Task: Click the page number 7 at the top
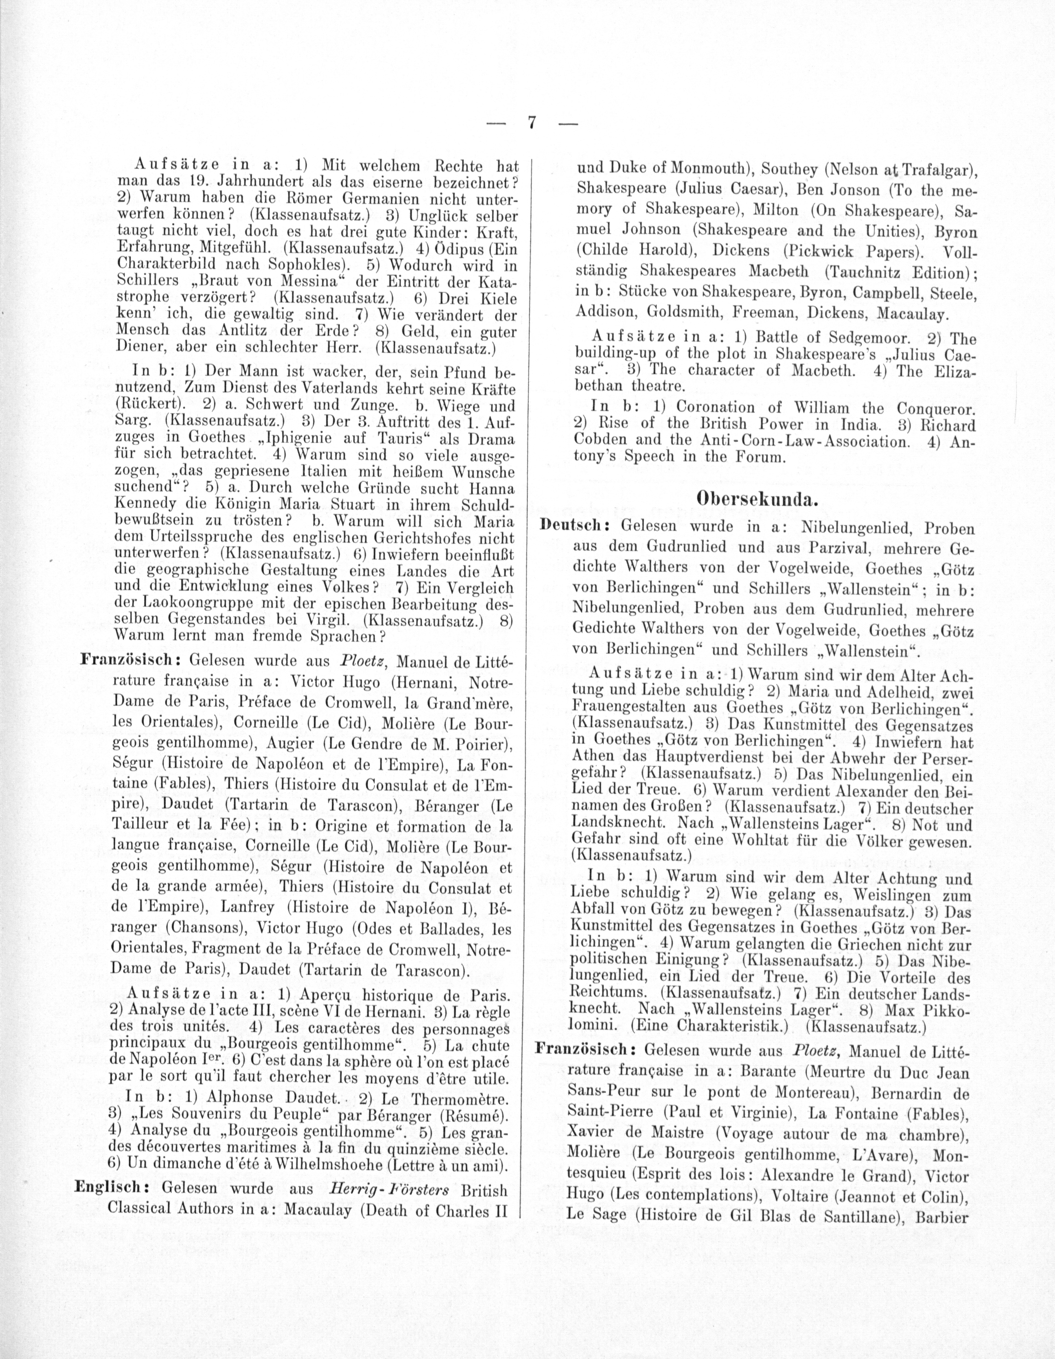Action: click(x=532, y=123)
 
